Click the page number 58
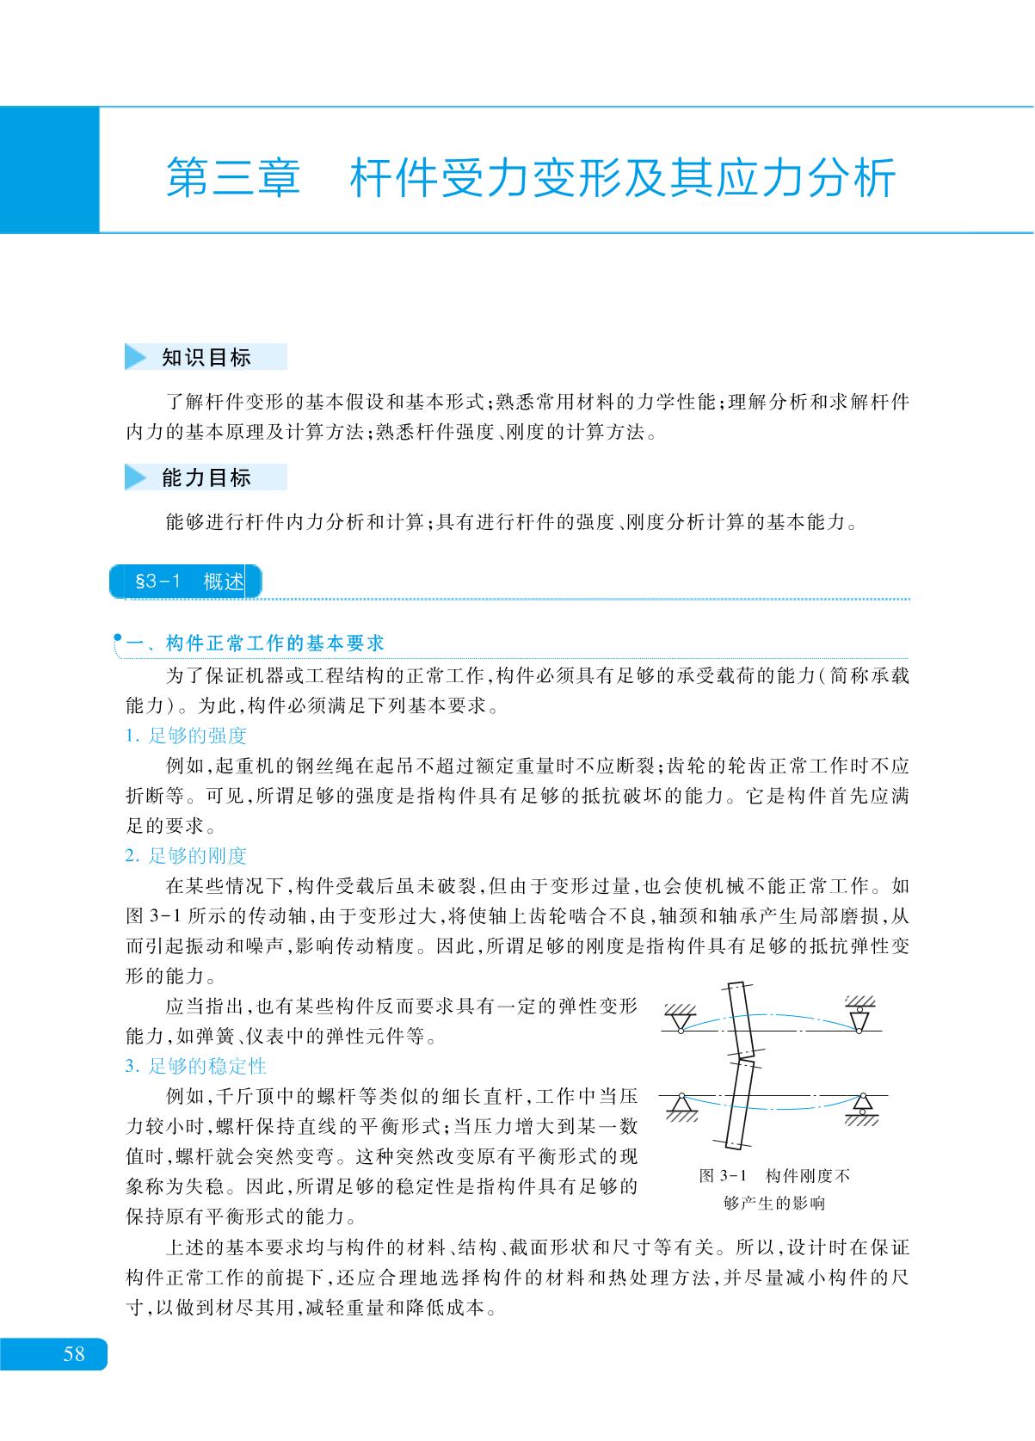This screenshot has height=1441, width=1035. (74, 1353)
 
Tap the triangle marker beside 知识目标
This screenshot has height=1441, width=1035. (136, 357)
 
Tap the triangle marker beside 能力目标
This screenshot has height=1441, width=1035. (136, 477)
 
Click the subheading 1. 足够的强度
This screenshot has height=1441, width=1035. (186, 736)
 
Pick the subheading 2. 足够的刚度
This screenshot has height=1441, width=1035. (186, 855)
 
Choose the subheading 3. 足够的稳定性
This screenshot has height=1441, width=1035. (196, 1066)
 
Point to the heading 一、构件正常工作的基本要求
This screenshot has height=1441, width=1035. (255, 644)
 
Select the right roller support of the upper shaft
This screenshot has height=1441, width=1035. (859, 1020)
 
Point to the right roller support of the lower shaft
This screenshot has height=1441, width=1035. (862, 1104)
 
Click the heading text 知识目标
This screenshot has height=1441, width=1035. (206, 357)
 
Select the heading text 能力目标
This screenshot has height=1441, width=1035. (206, 477)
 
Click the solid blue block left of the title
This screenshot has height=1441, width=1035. (49, 169)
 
